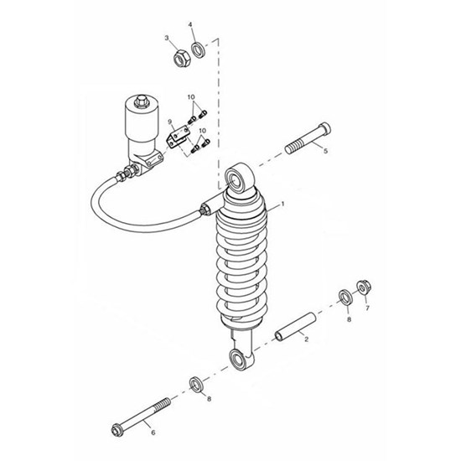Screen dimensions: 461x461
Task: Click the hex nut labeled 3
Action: point(182,59)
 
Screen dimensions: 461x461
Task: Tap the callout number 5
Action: point(325,151)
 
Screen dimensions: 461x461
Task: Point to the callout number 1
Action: point(282,204)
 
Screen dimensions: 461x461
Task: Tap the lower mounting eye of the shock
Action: point(240,360)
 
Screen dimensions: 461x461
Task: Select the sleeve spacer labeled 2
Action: point(295,327)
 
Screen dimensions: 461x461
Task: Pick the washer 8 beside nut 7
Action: point(345,298)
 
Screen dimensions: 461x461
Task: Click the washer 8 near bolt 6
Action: point(196,384)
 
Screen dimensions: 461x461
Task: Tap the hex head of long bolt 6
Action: point(117,431)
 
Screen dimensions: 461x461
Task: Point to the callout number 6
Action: point(153,433)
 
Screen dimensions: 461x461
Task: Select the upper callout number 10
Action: point(191,97)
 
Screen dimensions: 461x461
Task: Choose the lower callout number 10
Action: point(203,131)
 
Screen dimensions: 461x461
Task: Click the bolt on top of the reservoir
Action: point(142,101)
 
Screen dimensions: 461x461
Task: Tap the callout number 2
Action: point(306,339)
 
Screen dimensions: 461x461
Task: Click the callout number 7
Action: point(367,308)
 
